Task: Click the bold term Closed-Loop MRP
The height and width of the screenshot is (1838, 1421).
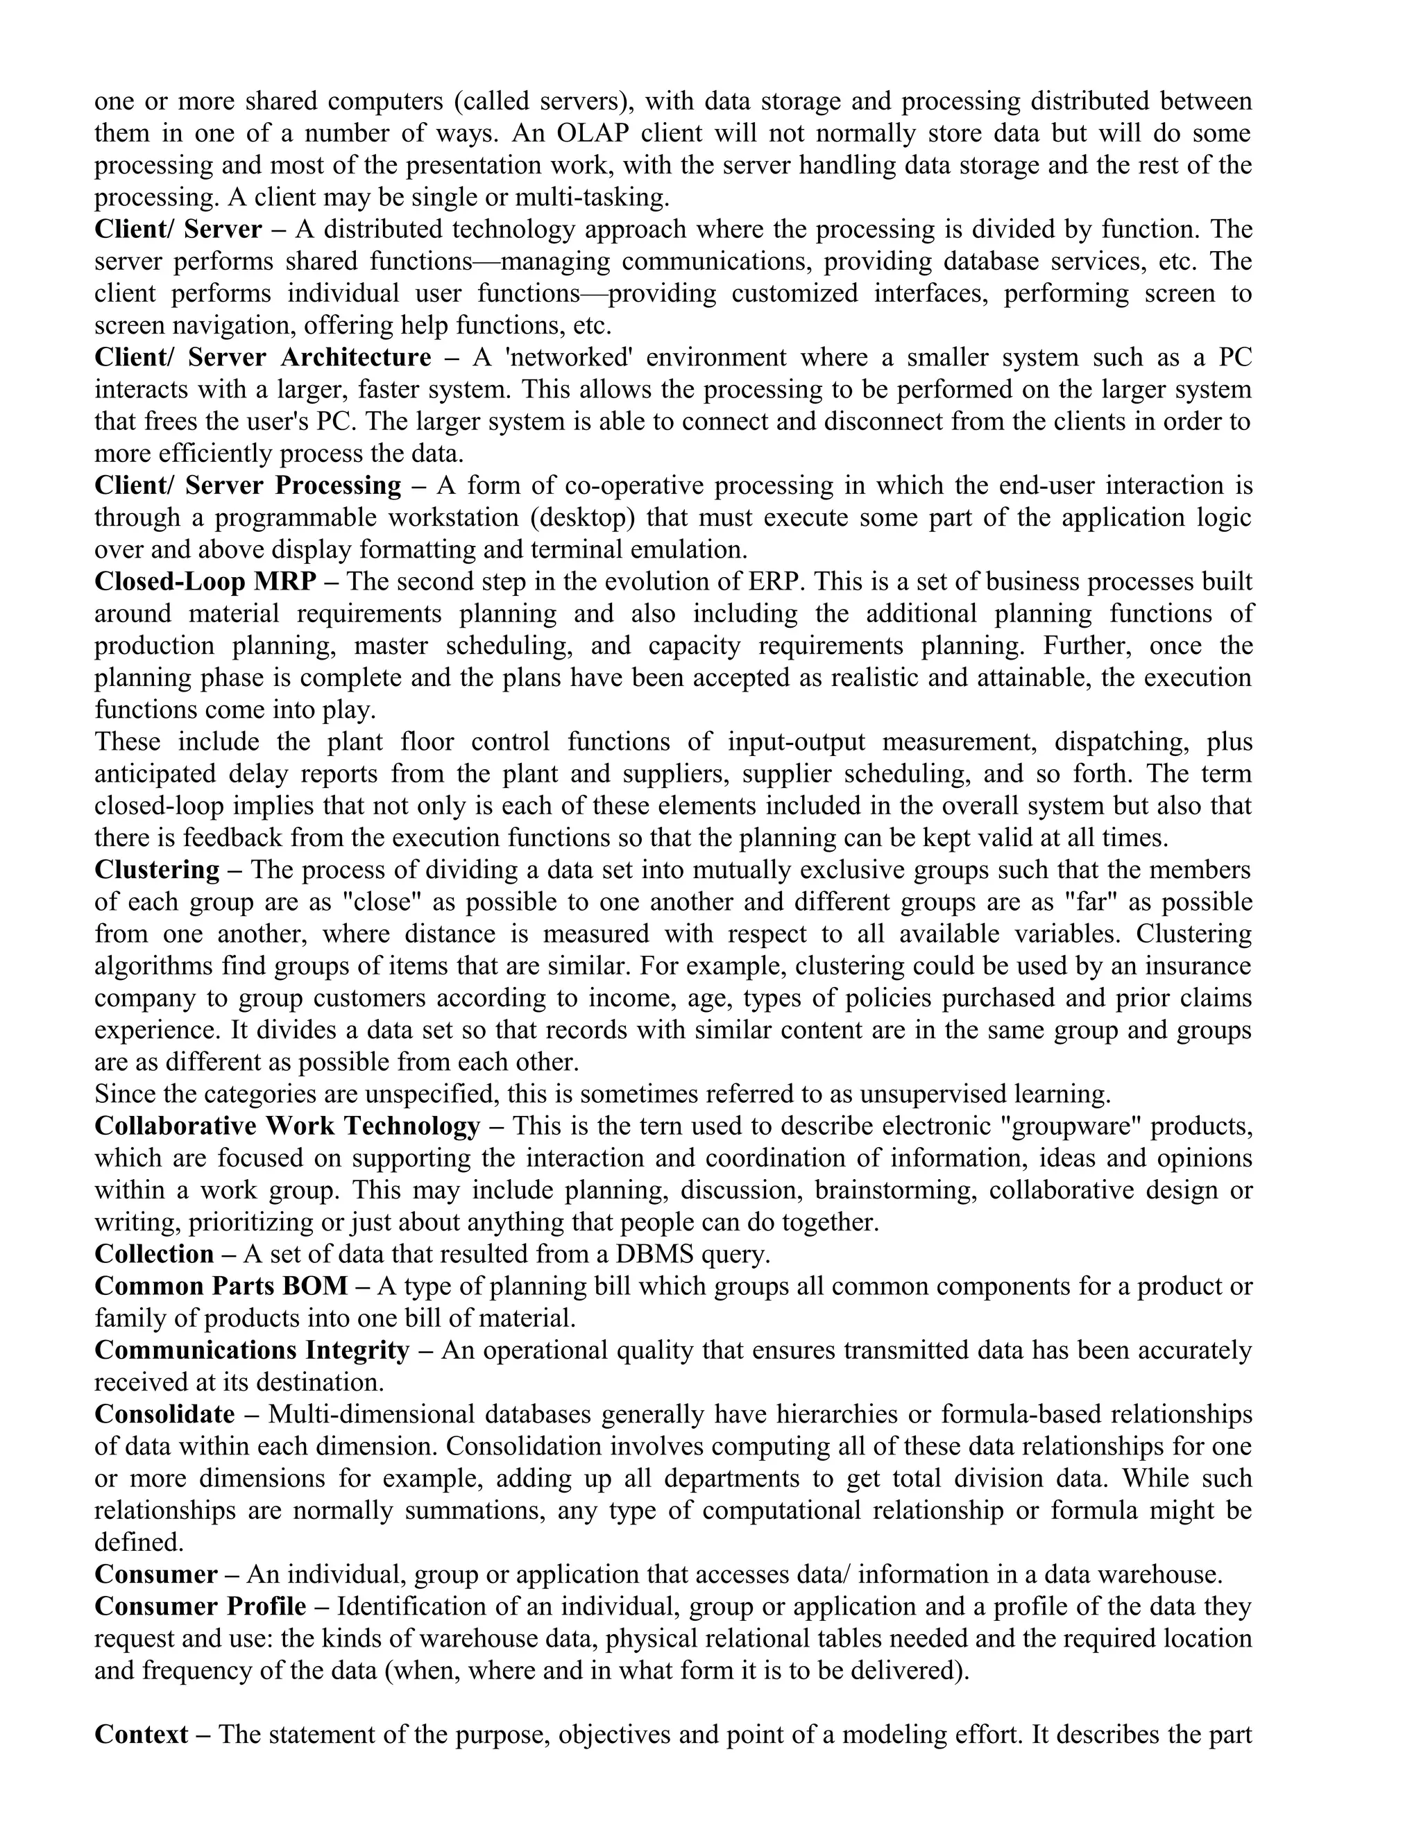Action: pos(205,581)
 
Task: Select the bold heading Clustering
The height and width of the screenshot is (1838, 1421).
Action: pos(157,869)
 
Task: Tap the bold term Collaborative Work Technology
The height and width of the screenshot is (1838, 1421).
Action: pos(287,1126)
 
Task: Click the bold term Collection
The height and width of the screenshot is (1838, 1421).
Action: pos(154,1254)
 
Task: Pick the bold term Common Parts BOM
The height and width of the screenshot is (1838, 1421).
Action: pos(221,1286)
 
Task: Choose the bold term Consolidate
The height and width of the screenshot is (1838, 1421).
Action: pos(164,1415)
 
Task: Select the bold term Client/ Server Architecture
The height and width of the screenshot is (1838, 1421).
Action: pos(263,358)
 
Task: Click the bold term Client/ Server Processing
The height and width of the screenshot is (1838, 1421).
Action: pos(248,486)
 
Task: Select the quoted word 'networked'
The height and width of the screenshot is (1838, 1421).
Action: pos(568,358)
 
